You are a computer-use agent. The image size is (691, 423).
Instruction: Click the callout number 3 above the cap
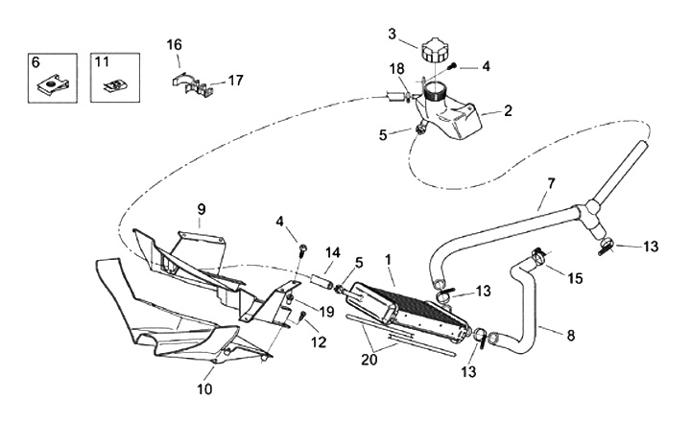click(x=393, y=35)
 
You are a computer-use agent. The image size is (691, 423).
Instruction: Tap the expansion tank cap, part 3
click(x=434, y=50)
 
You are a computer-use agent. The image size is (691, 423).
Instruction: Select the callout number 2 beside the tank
click(x=508, y=110)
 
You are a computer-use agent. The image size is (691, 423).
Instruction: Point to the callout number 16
click(x=174, y=45)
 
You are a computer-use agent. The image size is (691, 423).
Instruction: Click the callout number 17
click(x=236, y=82)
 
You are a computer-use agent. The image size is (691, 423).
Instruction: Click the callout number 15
click(x=576, y=278)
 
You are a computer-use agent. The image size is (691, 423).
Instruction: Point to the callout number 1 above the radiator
click(x=387, y=259)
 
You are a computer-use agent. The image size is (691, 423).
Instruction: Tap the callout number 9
click(x=202, y=209)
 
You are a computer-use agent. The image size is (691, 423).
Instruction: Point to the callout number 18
click(x=396, y=70)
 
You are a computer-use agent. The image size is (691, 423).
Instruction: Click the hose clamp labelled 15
click(x=539, y=256)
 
